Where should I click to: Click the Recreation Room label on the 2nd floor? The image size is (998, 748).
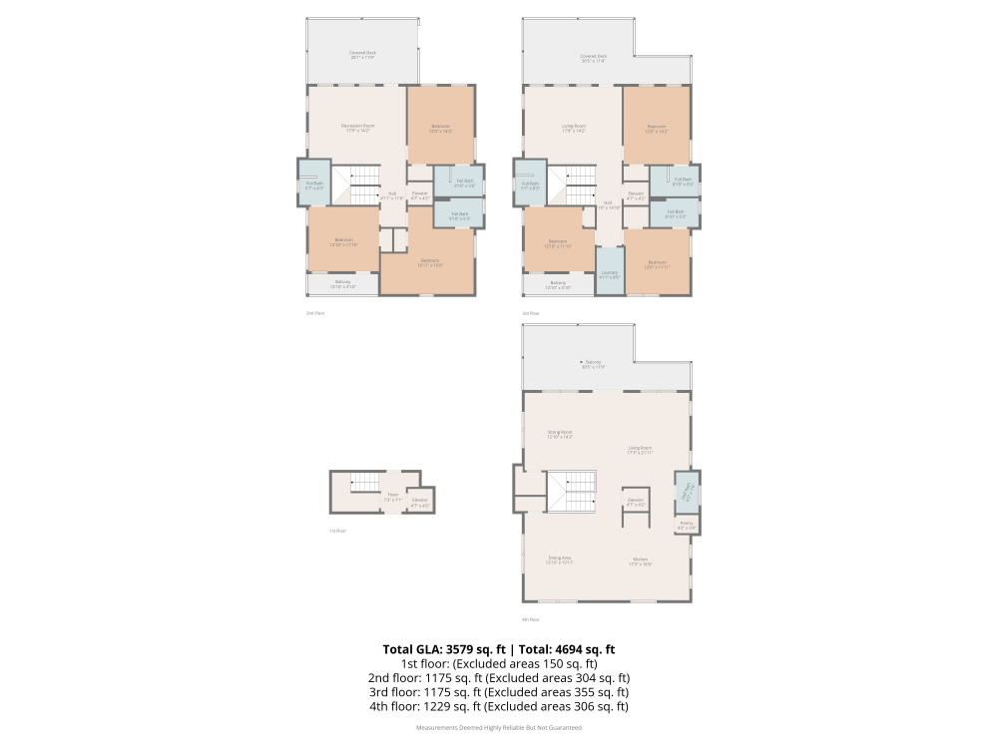[x=356, y=127]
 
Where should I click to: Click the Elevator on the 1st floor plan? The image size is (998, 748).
[x=420, y=501]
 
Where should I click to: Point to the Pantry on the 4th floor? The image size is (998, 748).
[x=687, y=524]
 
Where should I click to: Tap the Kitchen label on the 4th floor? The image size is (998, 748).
[x=641, y=561]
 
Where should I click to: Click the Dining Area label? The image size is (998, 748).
[x=559, y=561]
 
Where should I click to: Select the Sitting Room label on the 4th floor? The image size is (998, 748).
[x=559, y=435]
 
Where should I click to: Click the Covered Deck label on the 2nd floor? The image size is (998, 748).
[x=362, y=54]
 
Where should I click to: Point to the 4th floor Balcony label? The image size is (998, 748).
[x=594, y=363]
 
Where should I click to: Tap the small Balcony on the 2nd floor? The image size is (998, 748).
[x=342, y=283]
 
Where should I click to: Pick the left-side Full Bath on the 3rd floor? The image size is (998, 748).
[x=529, y=184]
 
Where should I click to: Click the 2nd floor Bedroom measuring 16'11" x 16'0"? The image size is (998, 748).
[x=429, y=262]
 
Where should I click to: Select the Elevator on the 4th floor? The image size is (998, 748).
[x=635, y=501]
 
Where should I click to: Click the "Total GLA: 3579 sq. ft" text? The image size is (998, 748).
[x=446, y=649]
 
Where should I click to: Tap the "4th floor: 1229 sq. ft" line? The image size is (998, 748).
[x=499, y=706]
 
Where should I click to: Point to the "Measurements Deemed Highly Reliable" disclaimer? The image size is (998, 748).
[x=499, y=728]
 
